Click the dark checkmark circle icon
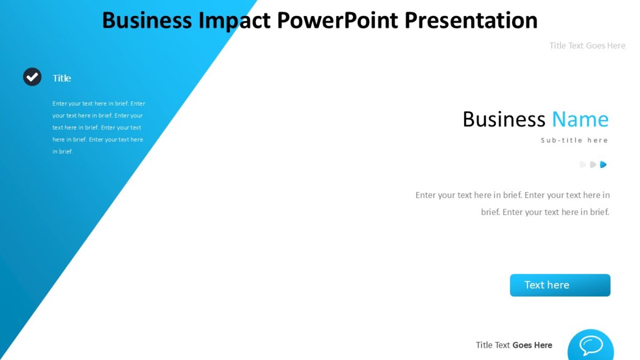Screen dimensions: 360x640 (32, 77)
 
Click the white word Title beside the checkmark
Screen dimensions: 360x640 (61, 78)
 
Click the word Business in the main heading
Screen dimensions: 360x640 (147, 20)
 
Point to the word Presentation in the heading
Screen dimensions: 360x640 (470, 20)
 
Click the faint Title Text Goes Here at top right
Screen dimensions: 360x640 (587, 46)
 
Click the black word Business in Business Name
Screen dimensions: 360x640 (503, 119)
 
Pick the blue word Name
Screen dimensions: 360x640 (580, 119)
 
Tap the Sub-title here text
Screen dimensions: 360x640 (574, 140)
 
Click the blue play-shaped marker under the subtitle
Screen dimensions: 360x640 (603, 165)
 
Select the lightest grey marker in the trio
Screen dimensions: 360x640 (583, 165)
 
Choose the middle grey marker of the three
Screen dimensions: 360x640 (593, 165)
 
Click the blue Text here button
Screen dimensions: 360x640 (559, 285)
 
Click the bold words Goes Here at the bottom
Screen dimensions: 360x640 (532, 345)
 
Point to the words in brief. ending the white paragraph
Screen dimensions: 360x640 (62, 151)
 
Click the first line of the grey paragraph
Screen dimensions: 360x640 (513, 195)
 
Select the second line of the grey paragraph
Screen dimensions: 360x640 (545, 212)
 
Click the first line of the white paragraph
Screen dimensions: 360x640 (99, 103)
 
